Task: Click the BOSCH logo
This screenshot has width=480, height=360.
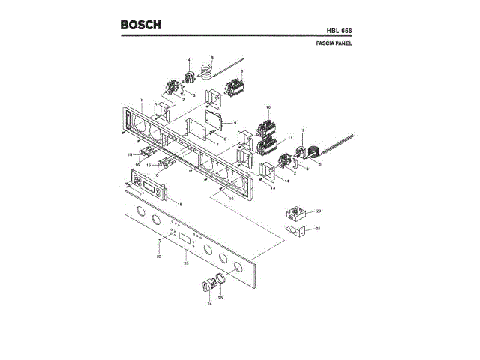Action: pos(140,25)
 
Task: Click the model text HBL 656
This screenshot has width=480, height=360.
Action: pos(340,31)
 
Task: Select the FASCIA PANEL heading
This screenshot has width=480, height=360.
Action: pos(334,44)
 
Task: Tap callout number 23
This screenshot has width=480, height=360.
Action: pos(185,263)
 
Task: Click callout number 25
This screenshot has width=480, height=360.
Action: pos(220,298)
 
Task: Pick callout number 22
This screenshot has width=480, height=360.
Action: pos(159,256)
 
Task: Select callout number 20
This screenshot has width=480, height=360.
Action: pos(318,211)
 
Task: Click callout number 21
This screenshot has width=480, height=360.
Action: pos(318,228)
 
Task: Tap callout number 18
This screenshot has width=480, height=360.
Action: pos(179,204)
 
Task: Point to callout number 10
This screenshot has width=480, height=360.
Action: pos(268,108)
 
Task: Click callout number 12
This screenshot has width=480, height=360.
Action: pos(302,131)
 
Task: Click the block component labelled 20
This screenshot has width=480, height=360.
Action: pos(297,212)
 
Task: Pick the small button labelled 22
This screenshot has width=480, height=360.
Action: pos(160,241)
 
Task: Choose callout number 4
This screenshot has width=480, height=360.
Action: pos(189,60)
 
